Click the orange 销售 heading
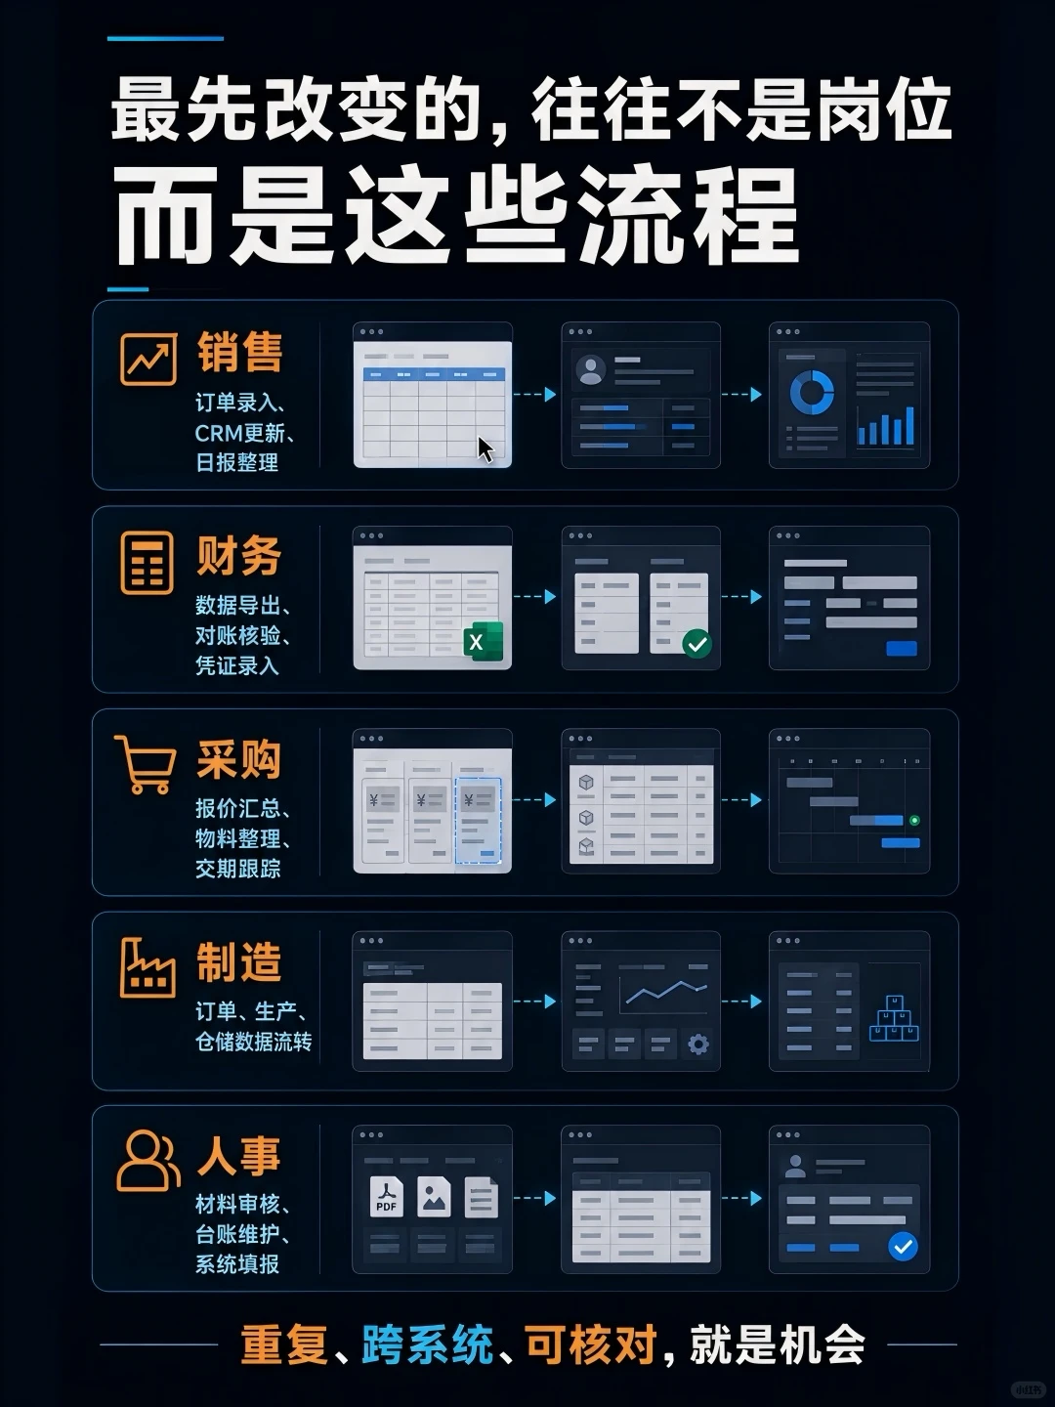pyautogui.click(x=239, y=352)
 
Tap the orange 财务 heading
pyautogui.click(x=239, y=556)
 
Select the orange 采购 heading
pyautogui.click(x=239, y=759)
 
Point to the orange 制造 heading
pyautogui.click(x=239, y=962)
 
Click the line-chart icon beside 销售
pyautogui.click(x=148, y=359)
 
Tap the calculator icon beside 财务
pyautogui.click(x=147, y=563)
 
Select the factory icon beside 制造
pyautogui.click(x=148, y=968)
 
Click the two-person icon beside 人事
pyautogui.click(x=148, y=1161)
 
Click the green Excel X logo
pyautogui.click(x=484, y=641)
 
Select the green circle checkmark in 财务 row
pyautogui.click(x=696, y=643)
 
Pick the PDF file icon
pyautogui.click(x=386, y=1197)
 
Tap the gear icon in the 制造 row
pyautogui.click(x=698, y=1045)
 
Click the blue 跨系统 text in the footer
pyautogui.click(x=427, y=1344)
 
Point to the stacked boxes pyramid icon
pyautogui.click(x=894, y=1018)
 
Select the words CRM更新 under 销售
pyautogui.click(x=239, y=433)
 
